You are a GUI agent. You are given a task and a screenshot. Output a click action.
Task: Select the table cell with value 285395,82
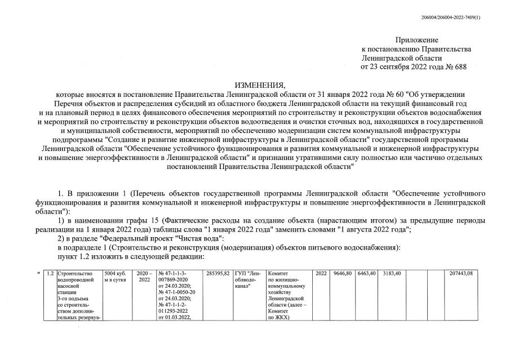coord(218,273)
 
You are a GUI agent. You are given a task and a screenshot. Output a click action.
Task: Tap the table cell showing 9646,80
coord(342,273)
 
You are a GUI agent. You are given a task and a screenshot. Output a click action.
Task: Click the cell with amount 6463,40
coord(366,273)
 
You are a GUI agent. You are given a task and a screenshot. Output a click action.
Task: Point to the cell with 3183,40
coord(391,273)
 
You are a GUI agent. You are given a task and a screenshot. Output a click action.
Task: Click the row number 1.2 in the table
coord(50,273)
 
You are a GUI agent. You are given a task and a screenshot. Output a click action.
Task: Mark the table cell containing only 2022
coord(321,273)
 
